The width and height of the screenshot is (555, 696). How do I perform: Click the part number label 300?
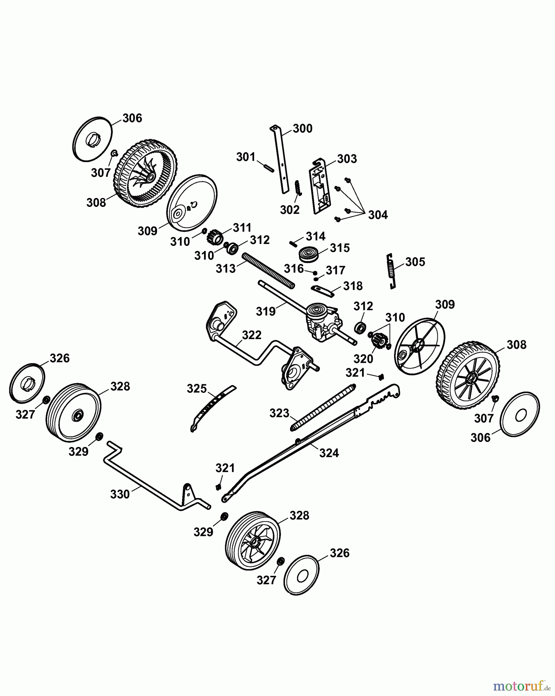tap(302, 128)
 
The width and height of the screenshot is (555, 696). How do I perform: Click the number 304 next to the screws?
tap(377, 215)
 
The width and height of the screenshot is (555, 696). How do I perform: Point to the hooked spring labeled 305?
tap(392, 271)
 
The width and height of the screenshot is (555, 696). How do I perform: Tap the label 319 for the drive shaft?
tap(266, 311)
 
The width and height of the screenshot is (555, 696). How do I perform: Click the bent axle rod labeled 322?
tap(248, 352)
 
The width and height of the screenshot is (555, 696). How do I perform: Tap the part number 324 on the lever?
tap(329, 453)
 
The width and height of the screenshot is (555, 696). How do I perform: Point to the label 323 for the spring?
tap(279, 413)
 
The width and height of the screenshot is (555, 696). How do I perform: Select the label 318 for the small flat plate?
tap(353, 286)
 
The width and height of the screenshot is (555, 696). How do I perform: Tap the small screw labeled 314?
tap(293, 243)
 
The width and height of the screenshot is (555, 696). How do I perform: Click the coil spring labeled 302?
tap(297, 188)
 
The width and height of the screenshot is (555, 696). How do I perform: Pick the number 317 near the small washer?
tap(335, 270)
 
